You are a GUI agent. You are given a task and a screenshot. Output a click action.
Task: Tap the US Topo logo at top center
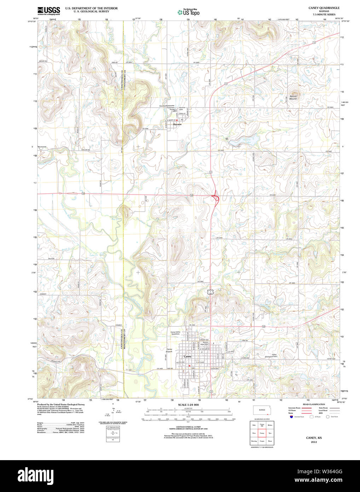tap(188, 12)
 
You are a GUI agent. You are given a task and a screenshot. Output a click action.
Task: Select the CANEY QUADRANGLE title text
tap(319, 8)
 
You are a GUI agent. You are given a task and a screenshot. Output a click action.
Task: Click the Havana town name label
tap(177, 124)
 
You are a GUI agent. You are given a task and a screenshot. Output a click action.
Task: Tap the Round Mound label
tap(293, 97)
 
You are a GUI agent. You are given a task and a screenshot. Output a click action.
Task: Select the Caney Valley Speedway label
tap(175, 333)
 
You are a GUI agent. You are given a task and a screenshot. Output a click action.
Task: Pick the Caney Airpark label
tap(169, 350)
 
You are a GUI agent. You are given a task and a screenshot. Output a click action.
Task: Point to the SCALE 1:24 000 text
tap(188, 405)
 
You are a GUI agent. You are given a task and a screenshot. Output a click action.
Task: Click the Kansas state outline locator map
tap(262, 410)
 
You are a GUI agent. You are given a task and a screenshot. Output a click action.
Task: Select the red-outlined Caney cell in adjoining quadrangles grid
tap(262, 433)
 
